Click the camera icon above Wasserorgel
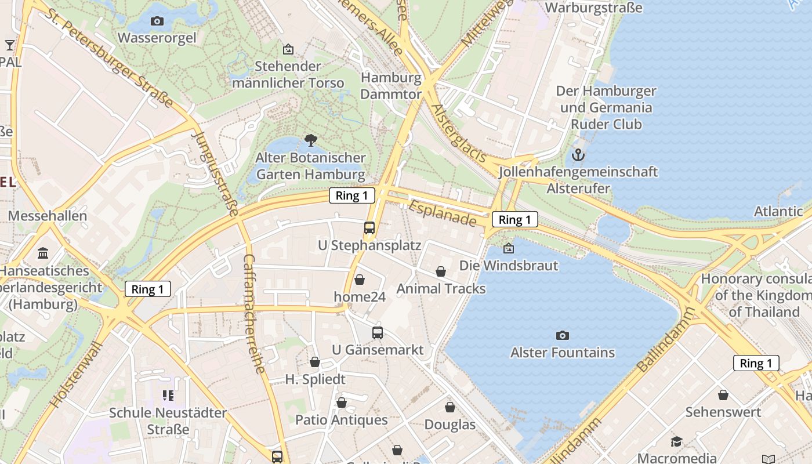click(x=157, y=21)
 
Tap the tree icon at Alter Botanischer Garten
click(x=311, y=140)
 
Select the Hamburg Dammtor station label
click(x=391, y=86)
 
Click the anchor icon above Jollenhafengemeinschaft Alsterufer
click(x=578, y=155)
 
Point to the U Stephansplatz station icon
click(x=369, y=228)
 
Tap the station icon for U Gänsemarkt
click(x=378, y=332)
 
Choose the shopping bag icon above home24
click(x=360, y=280)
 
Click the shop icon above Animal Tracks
click(x=441, y=271)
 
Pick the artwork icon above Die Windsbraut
click(x=509, y=248)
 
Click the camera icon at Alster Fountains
click(x=562, y=335)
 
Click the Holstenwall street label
click(x=76, y=374)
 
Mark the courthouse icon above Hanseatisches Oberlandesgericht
click(x=43, y=253)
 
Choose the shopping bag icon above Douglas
click(x=450, y=407)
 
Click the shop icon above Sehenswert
click(x=723, y=395)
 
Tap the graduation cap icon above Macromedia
click(x=677, y=442)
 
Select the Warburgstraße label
click(x=594, y=8)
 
